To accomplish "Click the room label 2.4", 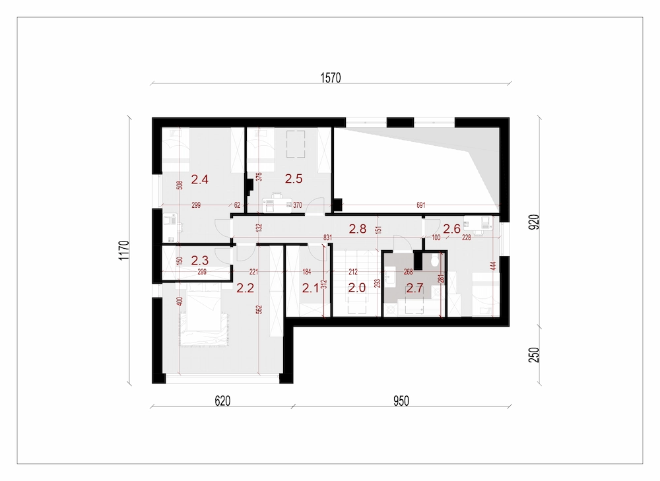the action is tap(199, 179).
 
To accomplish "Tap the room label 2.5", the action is tap(294, 179).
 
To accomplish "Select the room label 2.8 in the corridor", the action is tap(357, 229).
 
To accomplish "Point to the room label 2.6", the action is tap(451, 229).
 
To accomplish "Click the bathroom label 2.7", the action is tap(414, 288).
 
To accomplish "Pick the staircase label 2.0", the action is tap(357, 288).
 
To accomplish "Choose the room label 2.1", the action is tap(311, 288).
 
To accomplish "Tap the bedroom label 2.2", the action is tap(245, 288).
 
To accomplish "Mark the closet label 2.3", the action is tap(199, 260).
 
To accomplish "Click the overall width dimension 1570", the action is tap(331, 78).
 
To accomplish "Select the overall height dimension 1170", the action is tap(124, 250).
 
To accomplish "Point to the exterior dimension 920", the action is tap(534, 222).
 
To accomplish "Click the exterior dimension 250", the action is tap(534, 355).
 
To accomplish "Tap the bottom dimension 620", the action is tap(222, 401).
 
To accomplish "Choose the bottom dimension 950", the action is tap(401, 401).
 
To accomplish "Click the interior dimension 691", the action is tap(421, 205).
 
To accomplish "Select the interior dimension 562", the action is tap(259, 309).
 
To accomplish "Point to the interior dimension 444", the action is tap(493, 266).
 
